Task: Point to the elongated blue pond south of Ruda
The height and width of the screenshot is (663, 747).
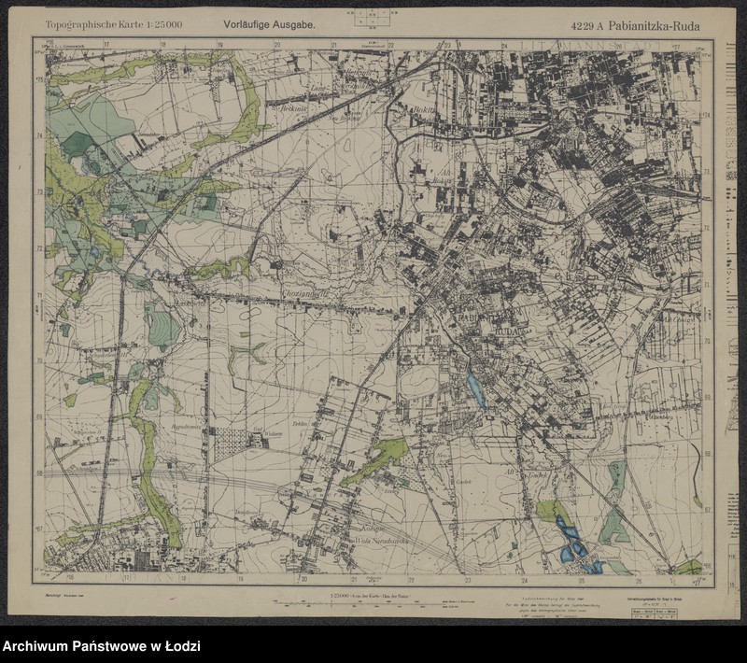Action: click(475, 387)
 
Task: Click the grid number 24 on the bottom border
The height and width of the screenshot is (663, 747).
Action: click(524, 578)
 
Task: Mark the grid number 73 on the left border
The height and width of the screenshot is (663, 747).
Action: click(39, 193)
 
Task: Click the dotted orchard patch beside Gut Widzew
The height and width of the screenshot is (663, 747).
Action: click(230, 444)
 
